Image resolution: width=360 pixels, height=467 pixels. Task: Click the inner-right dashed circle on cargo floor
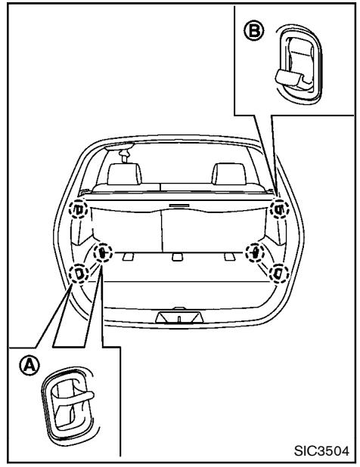pyautogui.click(x=257, y=252)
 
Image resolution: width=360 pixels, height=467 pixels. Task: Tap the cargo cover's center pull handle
pyautogui.click(x=178, y=205)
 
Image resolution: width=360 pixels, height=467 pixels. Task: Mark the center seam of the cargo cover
pyautogui.click(x=164, y=227)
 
